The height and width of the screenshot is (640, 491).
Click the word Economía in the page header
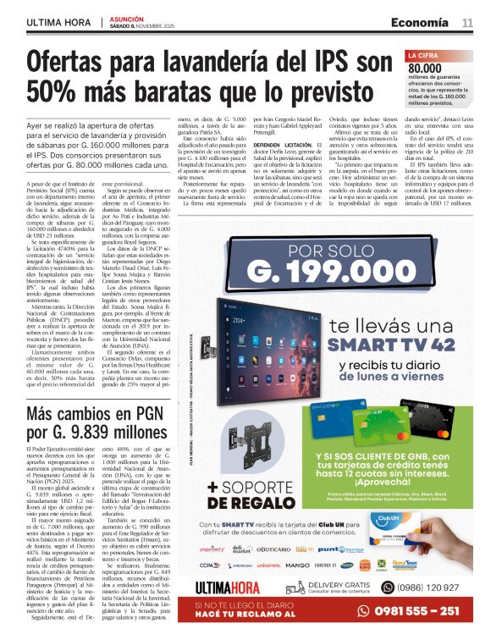coord(420,22)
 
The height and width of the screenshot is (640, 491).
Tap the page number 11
coord(467,22)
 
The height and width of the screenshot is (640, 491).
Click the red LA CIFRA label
coord(425,56)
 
